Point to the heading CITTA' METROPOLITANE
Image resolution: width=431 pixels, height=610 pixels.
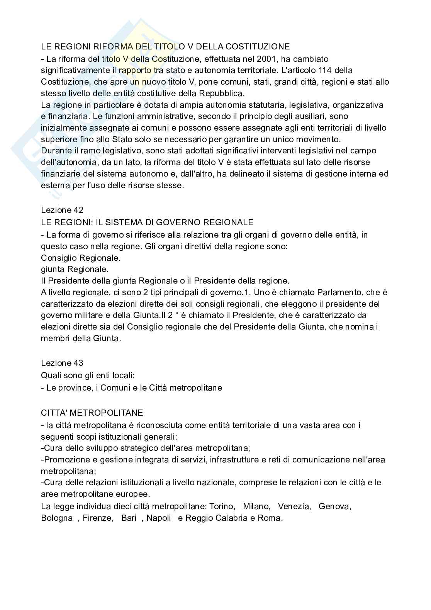(92, 413)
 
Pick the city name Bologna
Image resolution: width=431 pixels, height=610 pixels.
(57, 518)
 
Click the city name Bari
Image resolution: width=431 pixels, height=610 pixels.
(129, 518)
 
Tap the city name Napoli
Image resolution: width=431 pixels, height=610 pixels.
(159, 518)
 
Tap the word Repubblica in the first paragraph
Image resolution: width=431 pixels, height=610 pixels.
(221, 93)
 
